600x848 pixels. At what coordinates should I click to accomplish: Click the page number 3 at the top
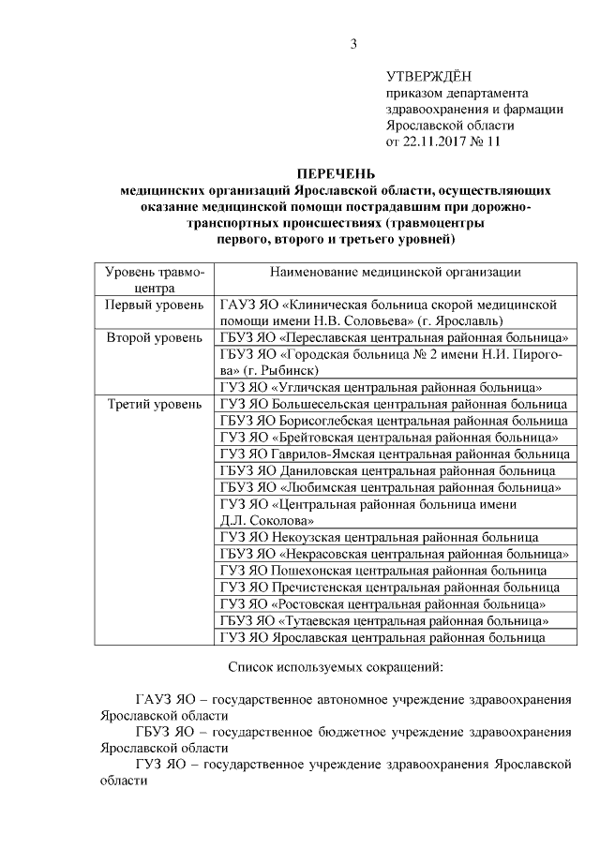pos(353,43)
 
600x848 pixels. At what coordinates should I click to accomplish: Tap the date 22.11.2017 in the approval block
pos(436,142)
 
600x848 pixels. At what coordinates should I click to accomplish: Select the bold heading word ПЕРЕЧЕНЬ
pos(335,173)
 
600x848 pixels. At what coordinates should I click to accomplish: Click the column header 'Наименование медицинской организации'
pos(395,272)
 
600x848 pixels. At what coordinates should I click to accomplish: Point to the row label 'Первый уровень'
pos(152,305)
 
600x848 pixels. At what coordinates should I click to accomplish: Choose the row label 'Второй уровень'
pos(152,337)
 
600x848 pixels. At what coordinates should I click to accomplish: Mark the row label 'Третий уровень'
pos(152,404)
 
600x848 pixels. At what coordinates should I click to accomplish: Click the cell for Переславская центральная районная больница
pos(395,337)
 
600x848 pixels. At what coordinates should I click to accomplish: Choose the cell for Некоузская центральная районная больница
pos(379,537)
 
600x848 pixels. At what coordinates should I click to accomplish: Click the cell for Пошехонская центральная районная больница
pos(383,571)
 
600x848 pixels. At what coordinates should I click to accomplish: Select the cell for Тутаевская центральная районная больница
pos(384,620)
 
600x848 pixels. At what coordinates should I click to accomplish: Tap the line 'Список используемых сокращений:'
pos(335,668)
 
